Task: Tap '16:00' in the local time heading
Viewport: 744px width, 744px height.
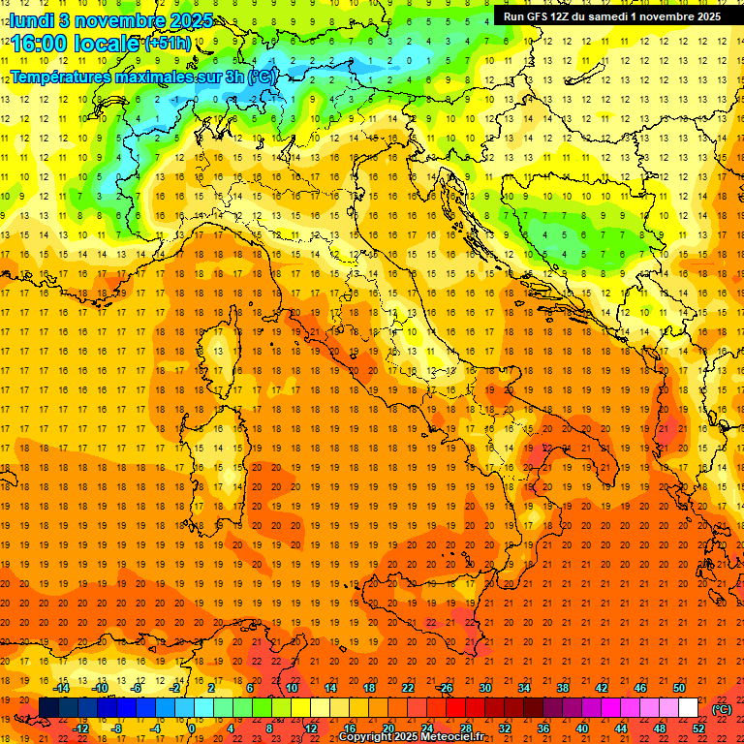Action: pos(38,44)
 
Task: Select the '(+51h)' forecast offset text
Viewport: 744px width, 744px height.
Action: pos(167,44)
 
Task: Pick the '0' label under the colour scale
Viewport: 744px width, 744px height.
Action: pos(193,728)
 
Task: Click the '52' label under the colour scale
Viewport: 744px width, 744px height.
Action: pos(697,728)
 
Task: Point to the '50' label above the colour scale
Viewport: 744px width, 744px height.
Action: pos(678,688)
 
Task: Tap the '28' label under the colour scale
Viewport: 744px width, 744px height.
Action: pos(465,728)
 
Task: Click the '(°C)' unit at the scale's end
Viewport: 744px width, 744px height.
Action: pos(722,708)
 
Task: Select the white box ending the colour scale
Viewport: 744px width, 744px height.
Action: pos(688,708)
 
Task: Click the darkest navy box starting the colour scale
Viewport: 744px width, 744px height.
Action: pos(48,708)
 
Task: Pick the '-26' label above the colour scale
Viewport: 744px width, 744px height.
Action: pos(445,688)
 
